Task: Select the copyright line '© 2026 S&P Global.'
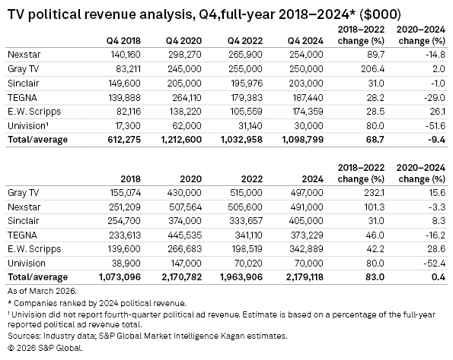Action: pos(43,349)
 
